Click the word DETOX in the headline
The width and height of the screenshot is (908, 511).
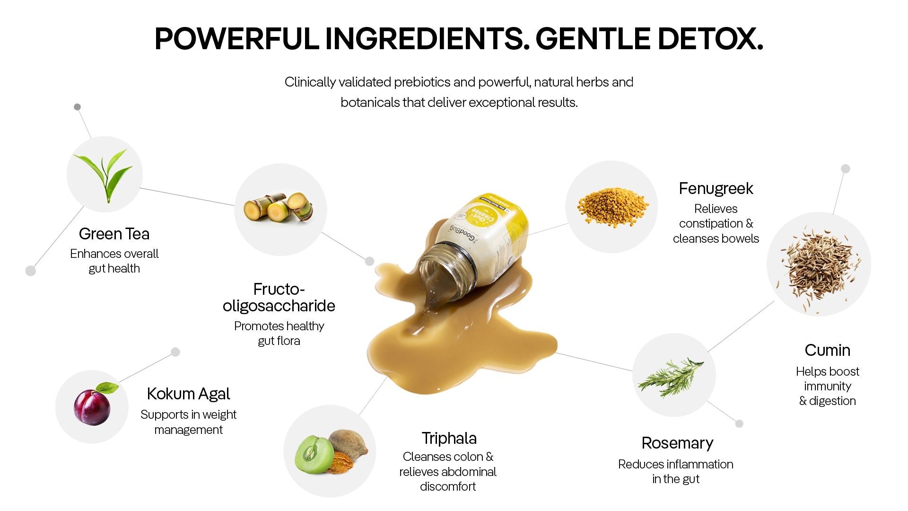click(710, 38)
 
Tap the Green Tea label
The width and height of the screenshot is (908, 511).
click(114, 234)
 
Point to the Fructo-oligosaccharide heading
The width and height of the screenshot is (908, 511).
click(279, 297)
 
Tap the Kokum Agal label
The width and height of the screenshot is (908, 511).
click(188, 394)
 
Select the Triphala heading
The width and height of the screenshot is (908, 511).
click(449, 439)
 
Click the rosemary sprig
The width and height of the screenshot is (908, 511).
click(671, 377)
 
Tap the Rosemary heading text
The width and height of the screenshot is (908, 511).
click(677, 443)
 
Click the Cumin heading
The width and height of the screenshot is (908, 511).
click(828, 350)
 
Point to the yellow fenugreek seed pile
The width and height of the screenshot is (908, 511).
click(611, 207)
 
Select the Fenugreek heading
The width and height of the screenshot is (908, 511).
click(716, 189)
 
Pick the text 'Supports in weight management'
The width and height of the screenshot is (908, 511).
click(188, 422)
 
